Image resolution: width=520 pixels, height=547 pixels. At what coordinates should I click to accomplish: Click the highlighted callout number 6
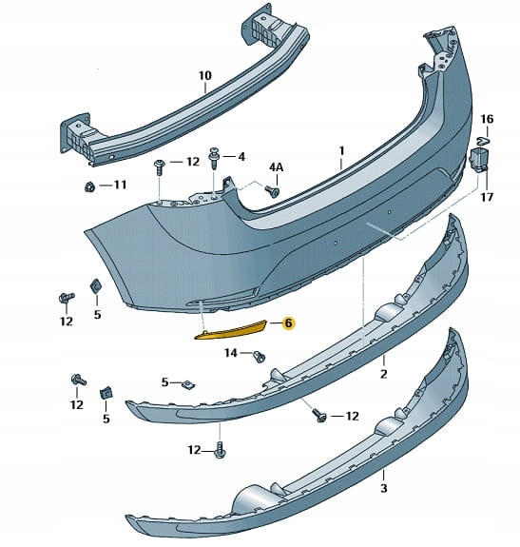288,323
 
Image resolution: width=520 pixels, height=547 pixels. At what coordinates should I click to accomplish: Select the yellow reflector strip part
232,330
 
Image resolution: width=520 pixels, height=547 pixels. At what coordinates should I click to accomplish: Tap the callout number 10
205,75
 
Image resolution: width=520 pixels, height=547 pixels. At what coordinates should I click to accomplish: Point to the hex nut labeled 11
89,187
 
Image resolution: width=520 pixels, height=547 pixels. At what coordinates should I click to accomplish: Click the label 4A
277,167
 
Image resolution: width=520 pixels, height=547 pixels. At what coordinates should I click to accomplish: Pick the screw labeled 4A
273,191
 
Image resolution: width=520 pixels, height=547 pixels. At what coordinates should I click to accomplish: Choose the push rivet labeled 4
213,158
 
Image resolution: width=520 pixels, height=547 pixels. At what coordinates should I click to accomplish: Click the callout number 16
488,119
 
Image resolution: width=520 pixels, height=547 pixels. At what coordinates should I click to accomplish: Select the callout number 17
487,198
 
